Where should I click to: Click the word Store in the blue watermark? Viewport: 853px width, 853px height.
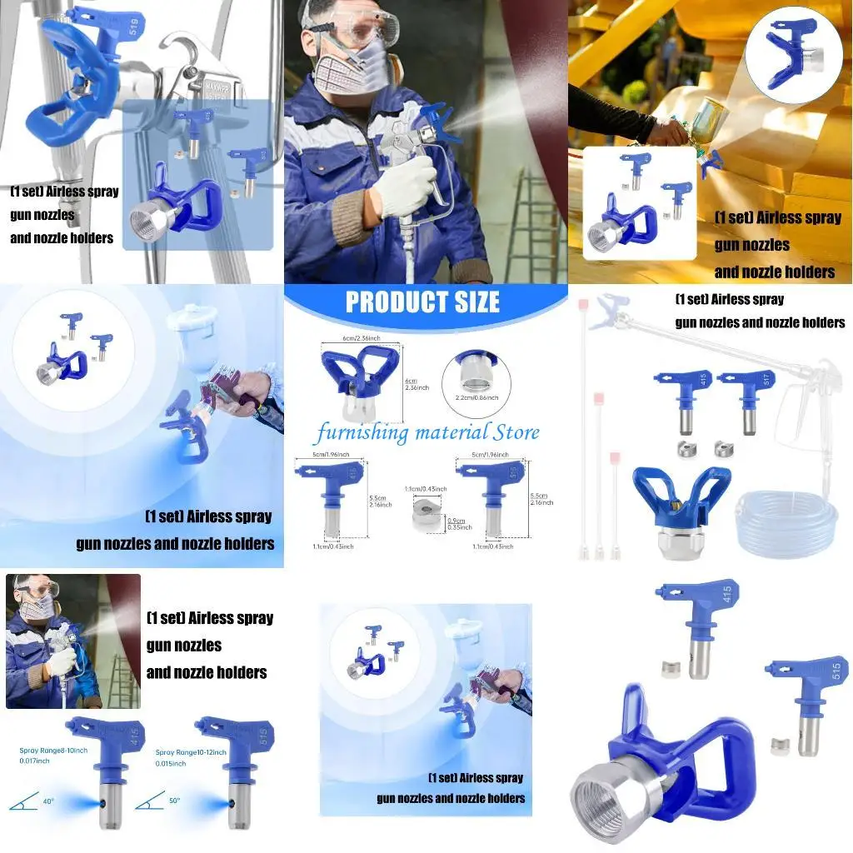(x=516, y=432)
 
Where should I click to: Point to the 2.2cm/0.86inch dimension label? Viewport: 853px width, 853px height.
(x=476, y=398)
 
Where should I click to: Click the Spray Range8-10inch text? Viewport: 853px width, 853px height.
(x=53, y=751)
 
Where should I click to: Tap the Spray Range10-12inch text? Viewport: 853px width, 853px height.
(x=190, y=752)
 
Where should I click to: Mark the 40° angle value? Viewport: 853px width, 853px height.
(x=49, y=801)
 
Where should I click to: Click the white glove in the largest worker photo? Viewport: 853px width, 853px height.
(x=406, y=180)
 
